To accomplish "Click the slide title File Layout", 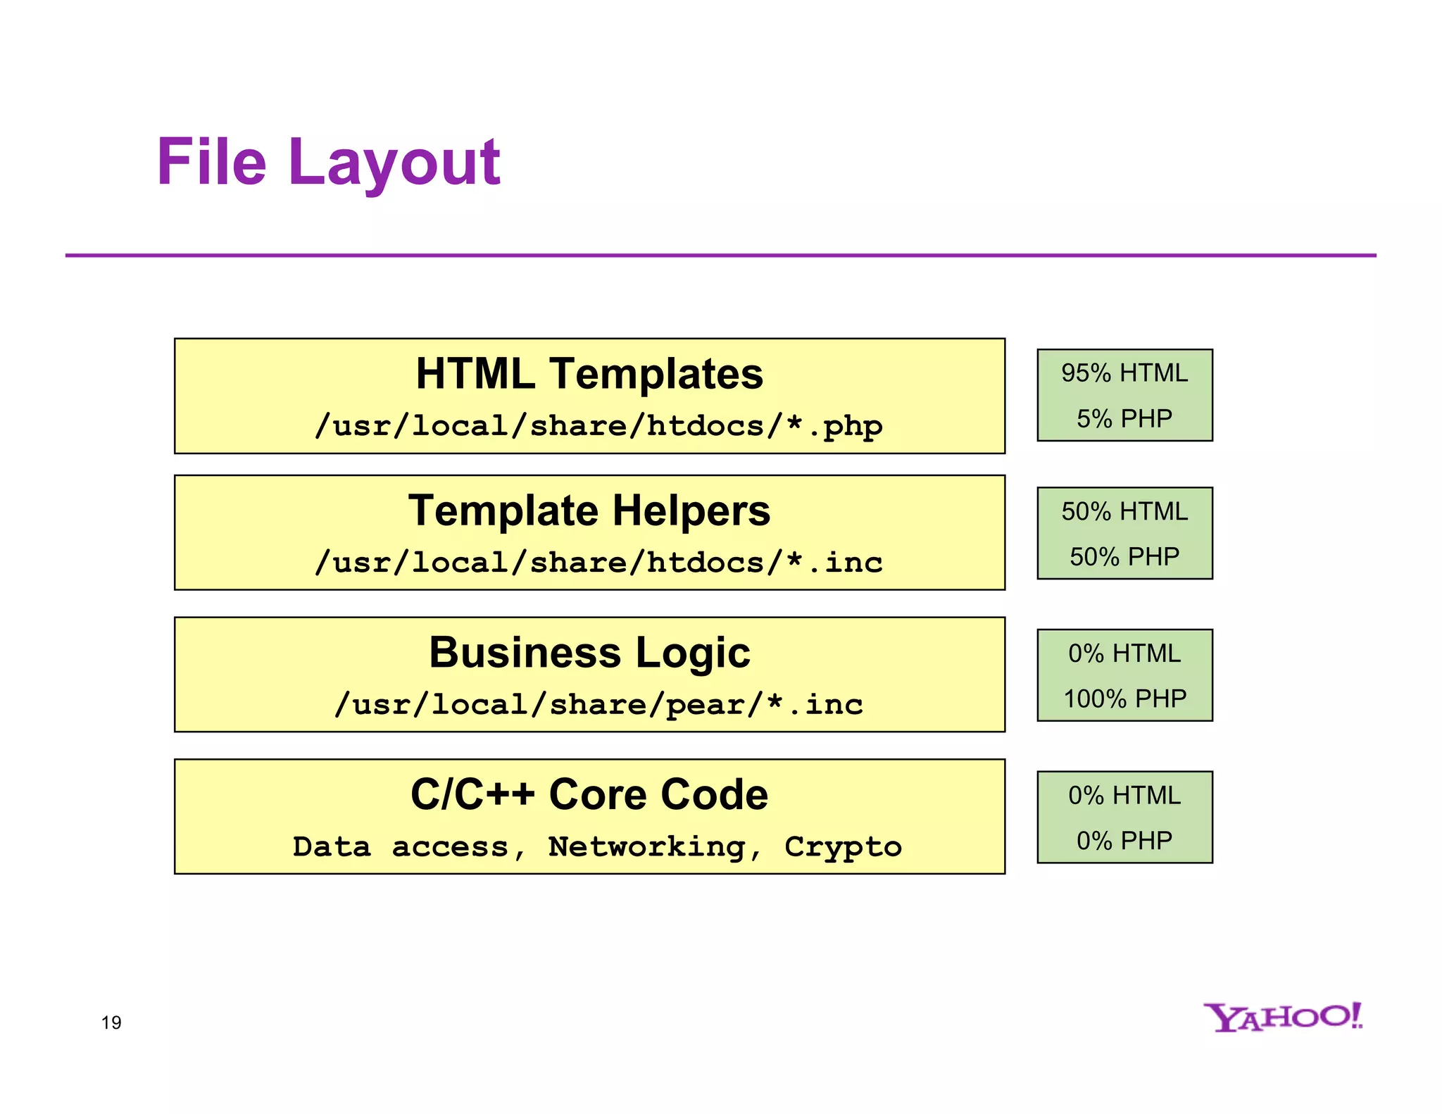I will click(328, 163).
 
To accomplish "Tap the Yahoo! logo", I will click(1283, 1018).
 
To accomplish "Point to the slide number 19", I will click(111, 1022).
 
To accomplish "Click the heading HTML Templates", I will click(589, 373).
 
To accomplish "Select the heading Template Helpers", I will click(589, 511).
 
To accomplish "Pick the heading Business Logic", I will click(589, 652).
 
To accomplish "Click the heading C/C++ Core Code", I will click(589, 794).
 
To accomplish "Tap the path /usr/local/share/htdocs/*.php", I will click(598, 426).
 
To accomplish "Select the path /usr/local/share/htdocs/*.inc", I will click(598, 563).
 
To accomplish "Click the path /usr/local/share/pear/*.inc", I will click(598, 705).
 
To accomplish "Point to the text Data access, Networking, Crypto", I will click(597, 847).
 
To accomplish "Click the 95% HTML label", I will click(1124, 373).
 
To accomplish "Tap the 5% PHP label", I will click(1124, 418).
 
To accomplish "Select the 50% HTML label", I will click(1124, 511).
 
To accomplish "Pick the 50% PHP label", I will click(1124, 556).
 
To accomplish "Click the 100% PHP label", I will click(1124, 699).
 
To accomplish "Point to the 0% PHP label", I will click(1124, 841).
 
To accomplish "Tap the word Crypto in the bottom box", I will click(843, 847).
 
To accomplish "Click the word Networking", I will click(646, 847).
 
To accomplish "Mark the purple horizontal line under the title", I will click(720, 255).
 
